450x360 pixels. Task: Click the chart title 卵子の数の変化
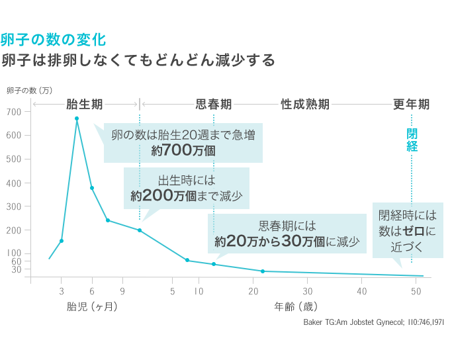(x=53, y=39)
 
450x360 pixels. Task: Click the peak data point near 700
(x=77, y=118)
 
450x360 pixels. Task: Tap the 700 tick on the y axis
(x=15, y=112)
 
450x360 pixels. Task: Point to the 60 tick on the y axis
(x=17, y=261)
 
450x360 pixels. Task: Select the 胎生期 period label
(x=84, y=105)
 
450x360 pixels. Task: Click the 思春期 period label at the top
(x=214, y=105)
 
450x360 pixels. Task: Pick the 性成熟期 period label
(x=305, y=105)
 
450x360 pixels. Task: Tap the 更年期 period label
(x=411, y=105)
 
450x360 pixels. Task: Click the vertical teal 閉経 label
(x=412, y=140)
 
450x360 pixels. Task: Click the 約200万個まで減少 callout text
(x=187, y=196)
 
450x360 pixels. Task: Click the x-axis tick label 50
(x=416, y=291)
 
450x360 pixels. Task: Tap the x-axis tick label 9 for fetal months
(x=122, y=291)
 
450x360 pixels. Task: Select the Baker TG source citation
(x=373, y=322)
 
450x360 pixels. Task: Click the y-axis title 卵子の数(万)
(x=29, y=91)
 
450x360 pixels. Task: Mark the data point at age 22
(x=263, y=271)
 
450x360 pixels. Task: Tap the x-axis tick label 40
(x=362, y=291)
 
